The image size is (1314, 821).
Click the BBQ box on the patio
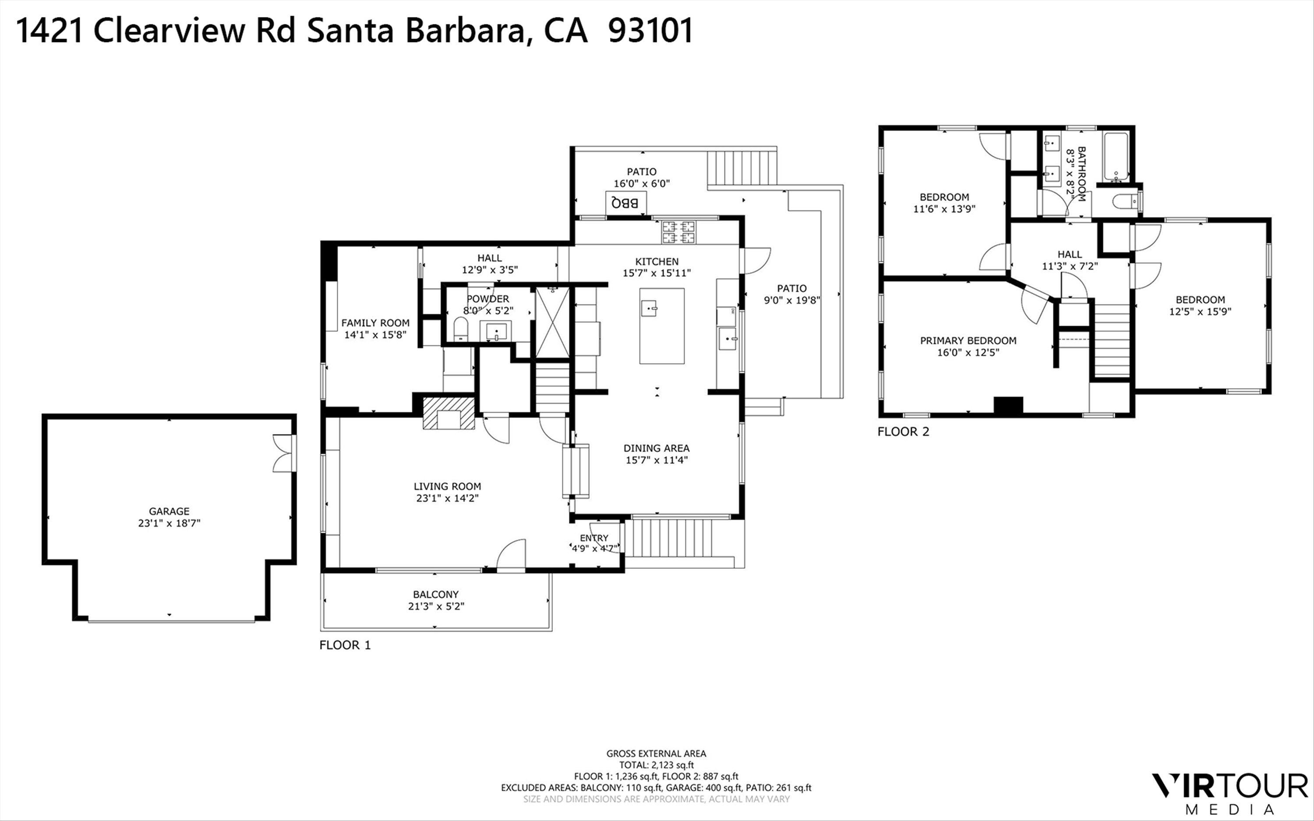pos(626,203)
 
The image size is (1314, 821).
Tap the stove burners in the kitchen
pos(678,232)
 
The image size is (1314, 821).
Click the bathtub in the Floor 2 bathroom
pos(1116,156)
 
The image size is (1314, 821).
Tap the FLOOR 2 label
pos(903,432)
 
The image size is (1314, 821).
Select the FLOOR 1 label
pos(345,645)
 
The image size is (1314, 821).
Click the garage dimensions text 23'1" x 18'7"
pos(169,523)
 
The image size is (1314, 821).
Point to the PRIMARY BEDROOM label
pos(968,341)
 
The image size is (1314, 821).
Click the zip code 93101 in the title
pos(650,31)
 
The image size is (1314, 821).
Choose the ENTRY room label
pos(593,538)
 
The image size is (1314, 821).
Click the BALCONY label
pos(435,595)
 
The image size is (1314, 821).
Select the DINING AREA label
pos(656,448)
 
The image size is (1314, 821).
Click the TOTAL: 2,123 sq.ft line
pos(656,765)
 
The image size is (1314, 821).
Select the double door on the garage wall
pos(283,453)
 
